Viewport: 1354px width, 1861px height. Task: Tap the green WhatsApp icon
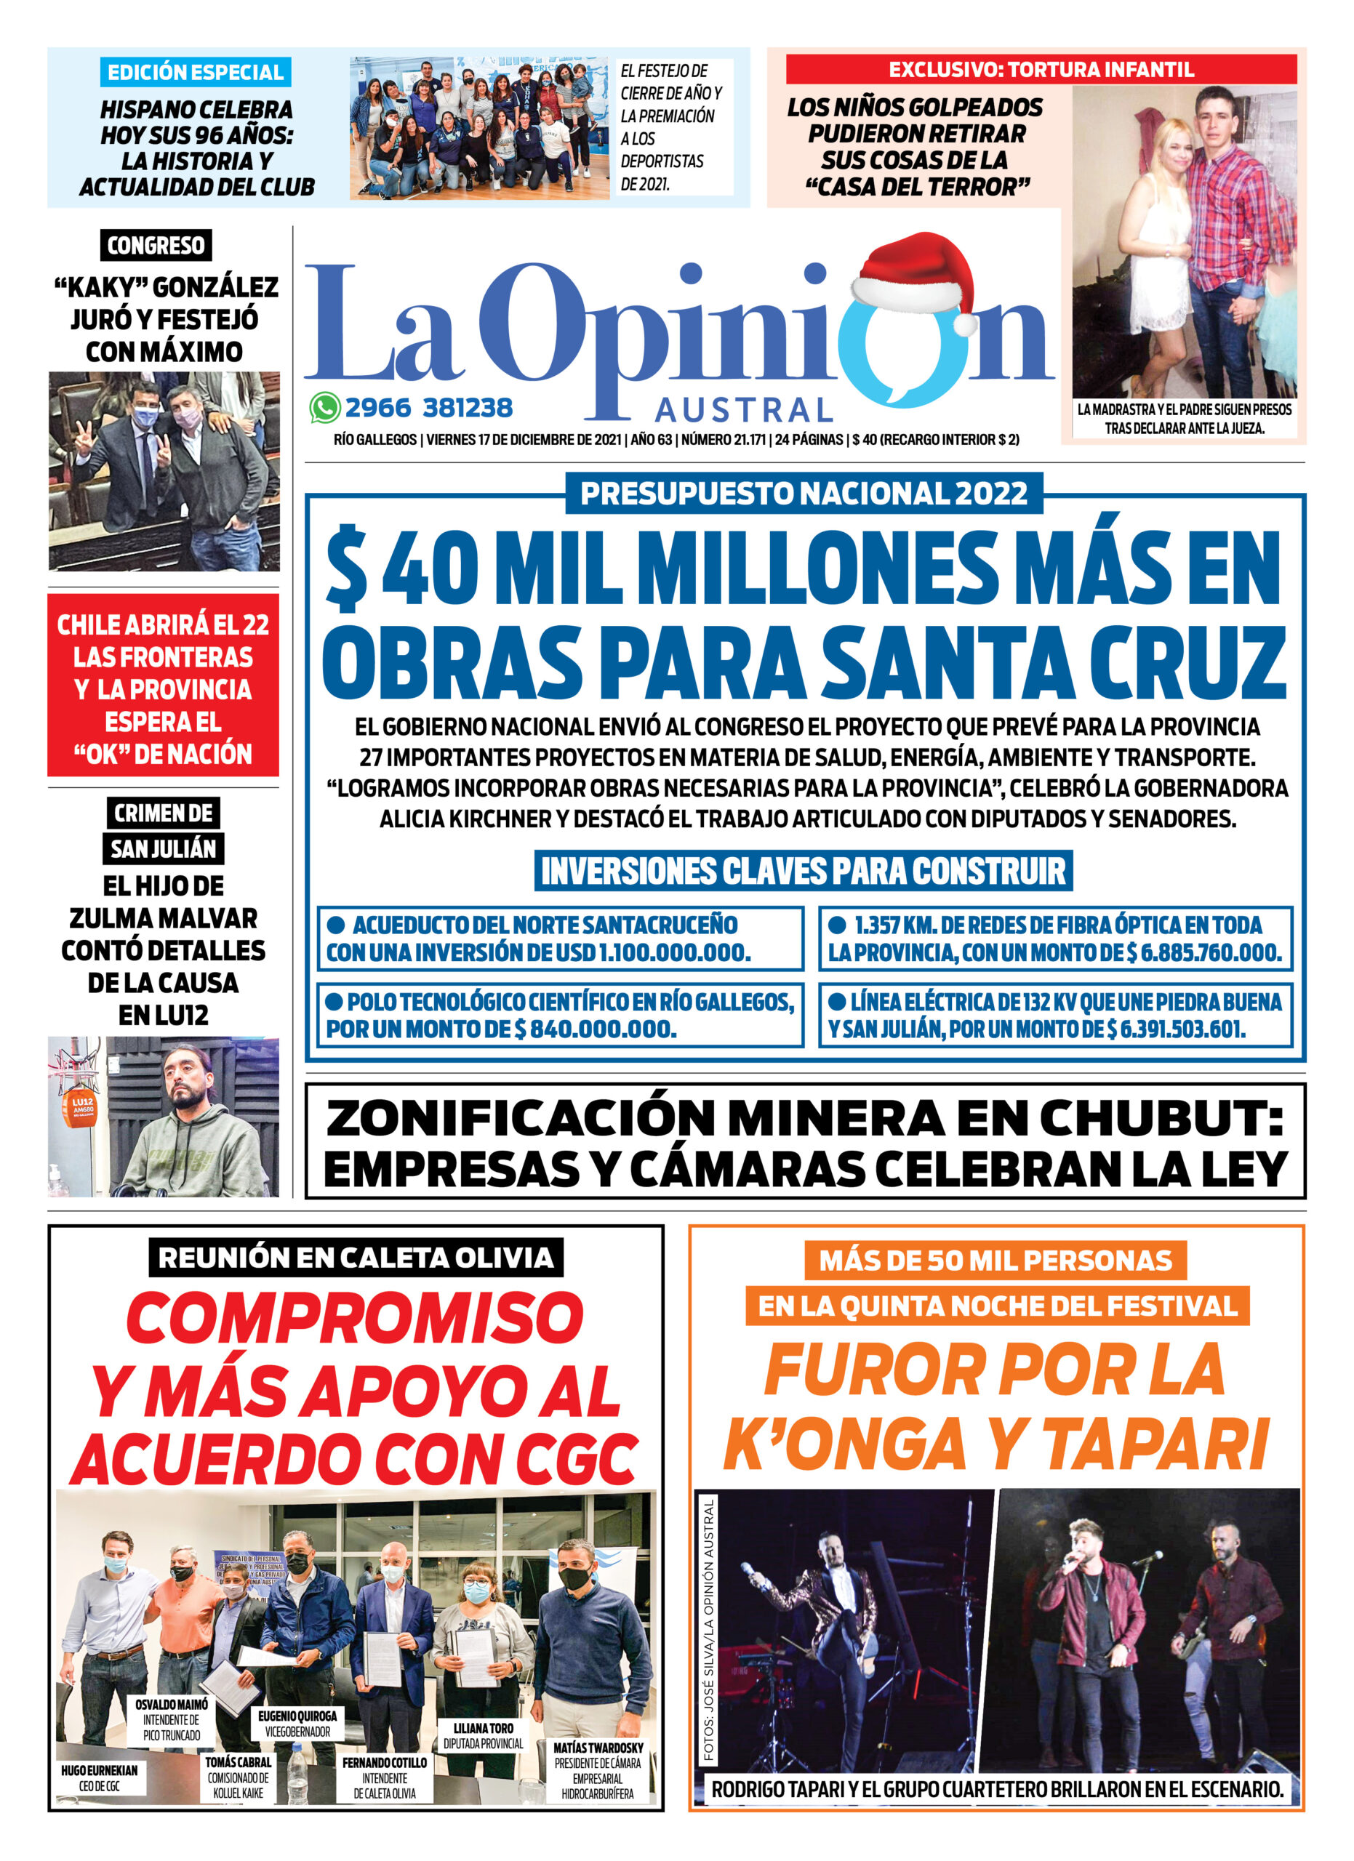[325, 408]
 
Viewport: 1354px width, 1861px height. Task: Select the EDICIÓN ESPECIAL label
[196, 72]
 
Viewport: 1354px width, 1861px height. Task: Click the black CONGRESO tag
[156, 245]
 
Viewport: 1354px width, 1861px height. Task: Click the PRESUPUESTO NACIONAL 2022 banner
[804, 493]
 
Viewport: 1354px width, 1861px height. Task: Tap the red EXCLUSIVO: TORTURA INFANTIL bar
[1041, 70]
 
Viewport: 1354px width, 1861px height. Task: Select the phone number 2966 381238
[428, 408]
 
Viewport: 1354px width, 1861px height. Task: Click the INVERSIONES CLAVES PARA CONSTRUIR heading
[804, 871]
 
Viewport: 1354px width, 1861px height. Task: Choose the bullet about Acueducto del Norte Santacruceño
[558, 938]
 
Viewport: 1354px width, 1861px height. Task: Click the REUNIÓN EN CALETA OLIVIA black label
[356, 1258]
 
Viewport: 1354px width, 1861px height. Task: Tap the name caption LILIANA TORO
[484, 1728]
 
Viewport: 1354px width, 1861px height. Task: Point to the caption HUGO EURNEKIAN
[100, 1770]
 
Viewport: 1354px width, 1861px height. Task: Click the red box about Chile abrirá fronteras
[164, 688]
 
